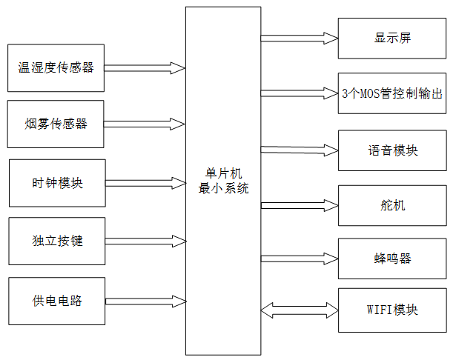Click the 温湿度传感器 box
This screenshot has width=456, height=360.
tap(56, 67)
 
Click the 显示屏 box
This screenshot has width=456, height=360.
tap(392, 39)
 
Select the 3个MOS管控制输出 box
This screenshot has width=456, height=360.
tap(392, 93)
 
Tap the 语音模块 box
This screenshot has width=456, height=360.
tap(392, 150)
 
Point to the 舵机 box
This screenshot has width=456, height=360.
tap(392, 205)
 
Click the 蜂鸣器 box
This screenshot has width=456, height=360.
tap(392, 258)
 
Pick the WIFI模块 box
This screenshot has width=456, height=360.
tap(392, 310)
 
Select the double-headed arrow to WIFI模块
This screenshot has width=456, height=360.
tap(299, 310)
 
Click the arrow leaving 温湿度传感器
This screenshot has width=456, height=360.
tap(145, 67)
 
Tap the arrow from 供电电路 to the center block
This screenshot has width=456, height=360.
tap(145, 302)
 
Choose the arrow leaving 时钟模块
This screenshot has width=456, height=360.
tap(145, 181)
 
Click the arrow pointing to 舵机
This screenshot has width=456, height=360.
tap(299, 205)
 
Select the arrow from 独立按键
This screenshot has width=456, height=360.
tap(145, 241)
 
